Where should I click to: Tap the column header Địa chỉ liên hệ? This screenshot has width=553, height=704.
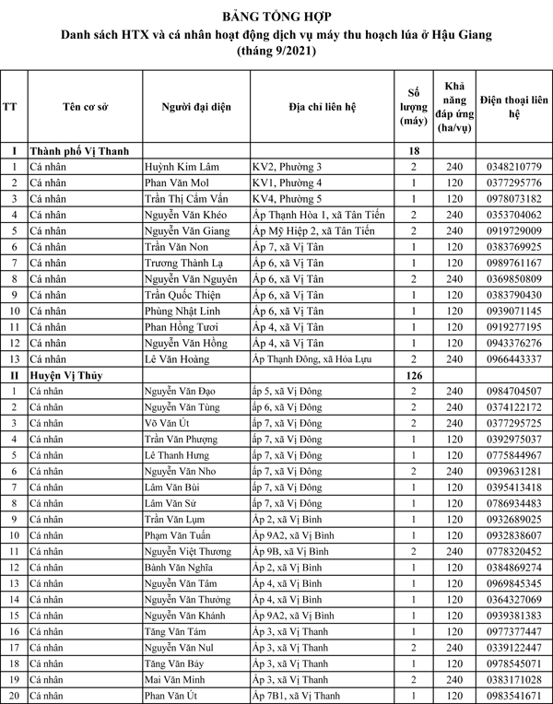click(323, 107)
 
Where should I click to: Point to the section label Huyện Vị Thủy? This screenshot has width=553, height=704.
click(71, 375)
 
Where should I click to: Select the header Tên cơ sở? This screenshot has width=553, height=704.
click(85, 107)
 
